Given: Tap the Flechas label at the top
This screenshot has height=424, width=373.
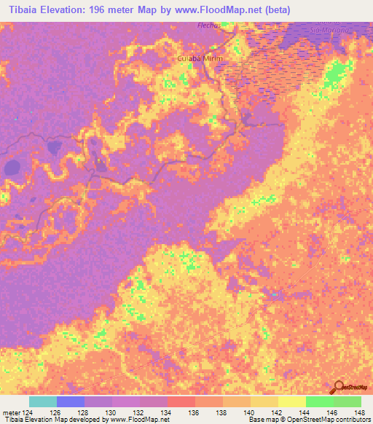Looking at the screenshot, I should (208, 24).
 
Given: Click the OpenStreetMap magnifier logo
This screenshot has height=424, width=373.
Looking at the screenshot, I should (339, 387).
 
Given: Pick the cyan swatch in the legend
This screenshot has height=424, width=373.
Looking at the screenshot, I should (43, 401).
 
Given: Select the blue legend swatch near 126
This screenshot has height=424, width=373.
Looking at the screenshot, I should (71, 401).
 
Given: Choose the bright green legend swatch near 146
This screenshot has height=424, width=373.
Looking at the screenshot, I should (319, 401).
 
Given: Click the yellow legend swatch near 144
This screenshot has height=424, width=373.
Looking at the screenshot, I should (291, 401).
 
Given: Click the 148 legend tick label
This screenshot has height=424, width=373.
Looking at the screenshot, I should (361, 412).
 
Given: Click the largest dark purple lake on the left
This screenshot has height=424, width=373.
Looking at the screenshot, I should (13, 168).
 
